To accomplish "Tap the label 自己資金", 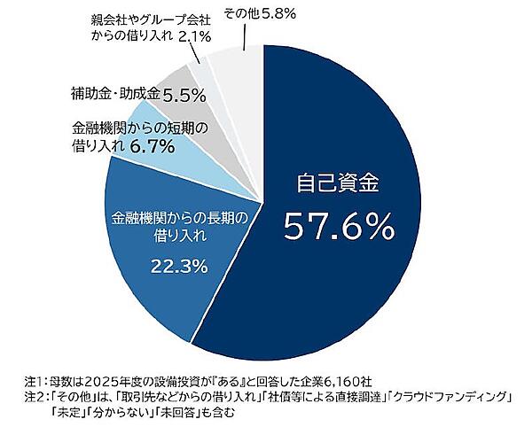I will [x=337, y=184].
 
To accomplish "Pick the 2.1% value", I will [x=194, y=37].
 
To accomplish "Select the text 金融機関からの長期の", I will [x=177, y=217].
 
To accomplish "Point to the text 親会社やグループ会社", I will [x=150, y=18].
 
